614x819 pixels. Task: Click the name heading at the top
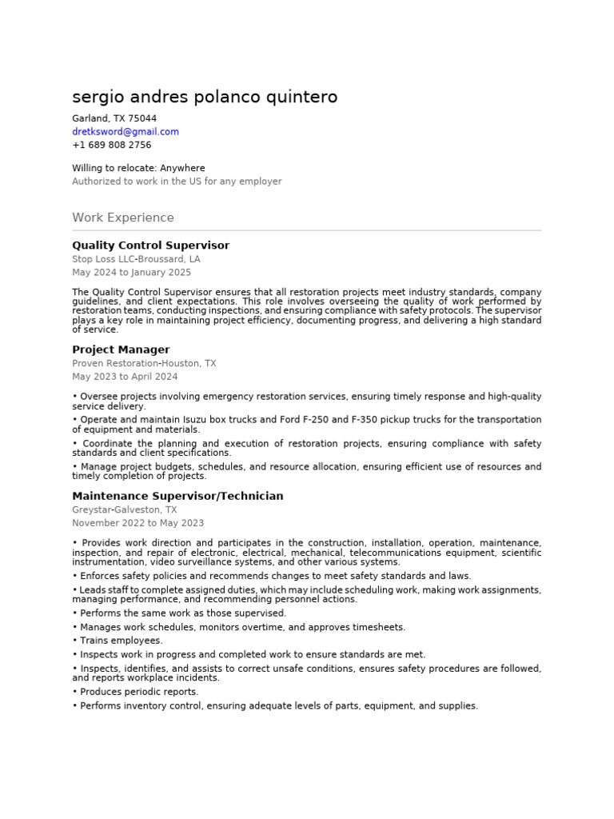205,98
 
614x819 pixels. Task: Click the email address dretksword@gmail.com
126,132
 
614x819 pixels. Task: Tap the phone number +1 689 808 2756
111,146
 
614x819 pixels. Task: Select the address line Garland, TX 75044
114,118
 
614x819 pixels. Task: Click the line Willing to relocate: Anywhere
138,169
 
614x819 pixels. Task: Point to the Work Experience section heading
122,218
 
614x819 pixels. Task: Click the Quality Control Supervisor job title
150,246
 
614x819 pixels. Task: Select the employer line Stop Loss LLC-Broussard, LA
136,259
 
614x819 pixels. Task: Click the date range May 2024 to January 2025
131,273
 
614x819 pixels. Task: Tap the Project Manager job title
121,350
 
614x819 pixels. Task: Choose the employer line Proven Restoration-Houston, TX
144,363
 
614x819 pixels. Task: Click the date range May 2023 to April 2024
125,377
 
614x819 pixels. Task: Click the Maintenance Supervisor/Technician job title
177,496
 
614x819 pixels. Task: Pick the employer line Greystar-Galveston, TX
125,509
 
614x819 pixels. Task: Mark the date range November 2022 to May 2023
138,523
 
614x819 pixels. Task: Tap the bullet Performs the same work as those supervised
182,613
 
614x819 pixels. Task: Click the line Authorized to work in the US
177,182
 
